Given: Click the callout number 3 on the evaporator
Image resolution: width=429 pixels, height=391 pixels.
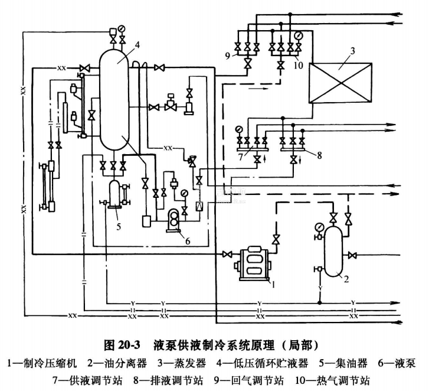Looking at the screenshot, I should pyautogui.click(x=352, y=51).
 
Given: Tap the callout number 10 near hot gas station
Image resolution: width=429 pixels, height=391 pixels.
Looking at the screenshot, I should pyautogui.click(x=297, y=66).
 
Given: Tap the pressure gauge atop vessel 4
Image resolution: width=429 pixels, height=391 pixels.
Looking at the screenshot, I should pyautogui.click(x=122, y=27).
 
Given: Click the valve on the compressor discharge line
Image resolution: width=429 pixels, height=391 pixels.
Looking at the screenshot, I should pyautogui.click(x=275, y=239).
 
